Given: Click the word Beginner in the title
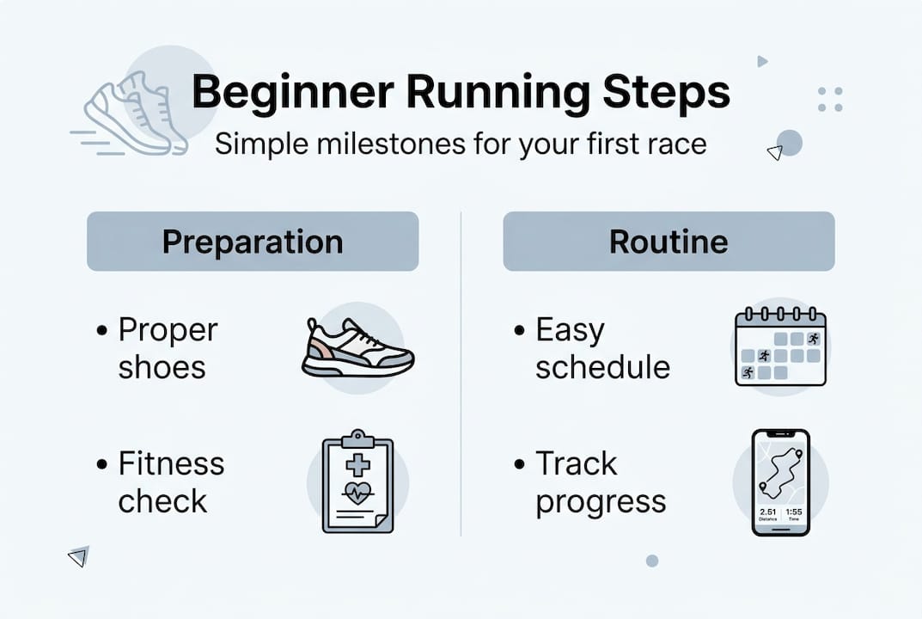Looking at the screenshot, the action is pos(292,93).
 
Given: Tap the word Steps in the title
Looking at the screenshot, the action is pos(666,93).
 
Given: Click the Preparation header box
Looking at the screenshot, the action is pos(253,242).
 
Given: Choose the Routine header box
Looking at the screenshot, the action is pos(669,242).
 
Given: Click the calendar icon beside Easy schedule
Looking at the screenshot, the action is pos(781,346).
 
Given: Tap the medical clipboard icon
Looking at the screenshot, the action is pos(357,481).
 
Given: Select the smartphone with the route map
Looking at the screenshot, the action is pos(781,482).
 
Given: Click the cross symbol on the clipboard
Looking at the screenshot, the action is pos(357,465).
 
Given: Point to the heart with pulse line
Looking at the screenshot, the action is pos(357,493).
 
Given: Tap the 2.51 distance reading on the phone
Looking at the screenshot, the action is pos(768,512).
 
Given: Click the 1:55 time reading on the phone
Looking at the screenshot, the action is pos(794,512).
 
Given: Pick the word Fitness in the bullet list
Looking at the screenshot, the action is pos(171,463).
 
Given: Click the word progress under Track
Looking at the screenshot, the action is pos(601,503).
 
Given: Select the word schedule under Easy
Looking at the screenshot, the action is pos(602,368).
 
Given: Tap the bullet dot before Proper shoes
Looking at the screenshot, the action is pos(102,331).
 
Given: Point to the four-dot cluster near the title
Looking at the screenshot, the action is pos(830,100).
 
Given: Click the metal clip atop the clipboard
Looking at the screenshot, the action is pos(357,439).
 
